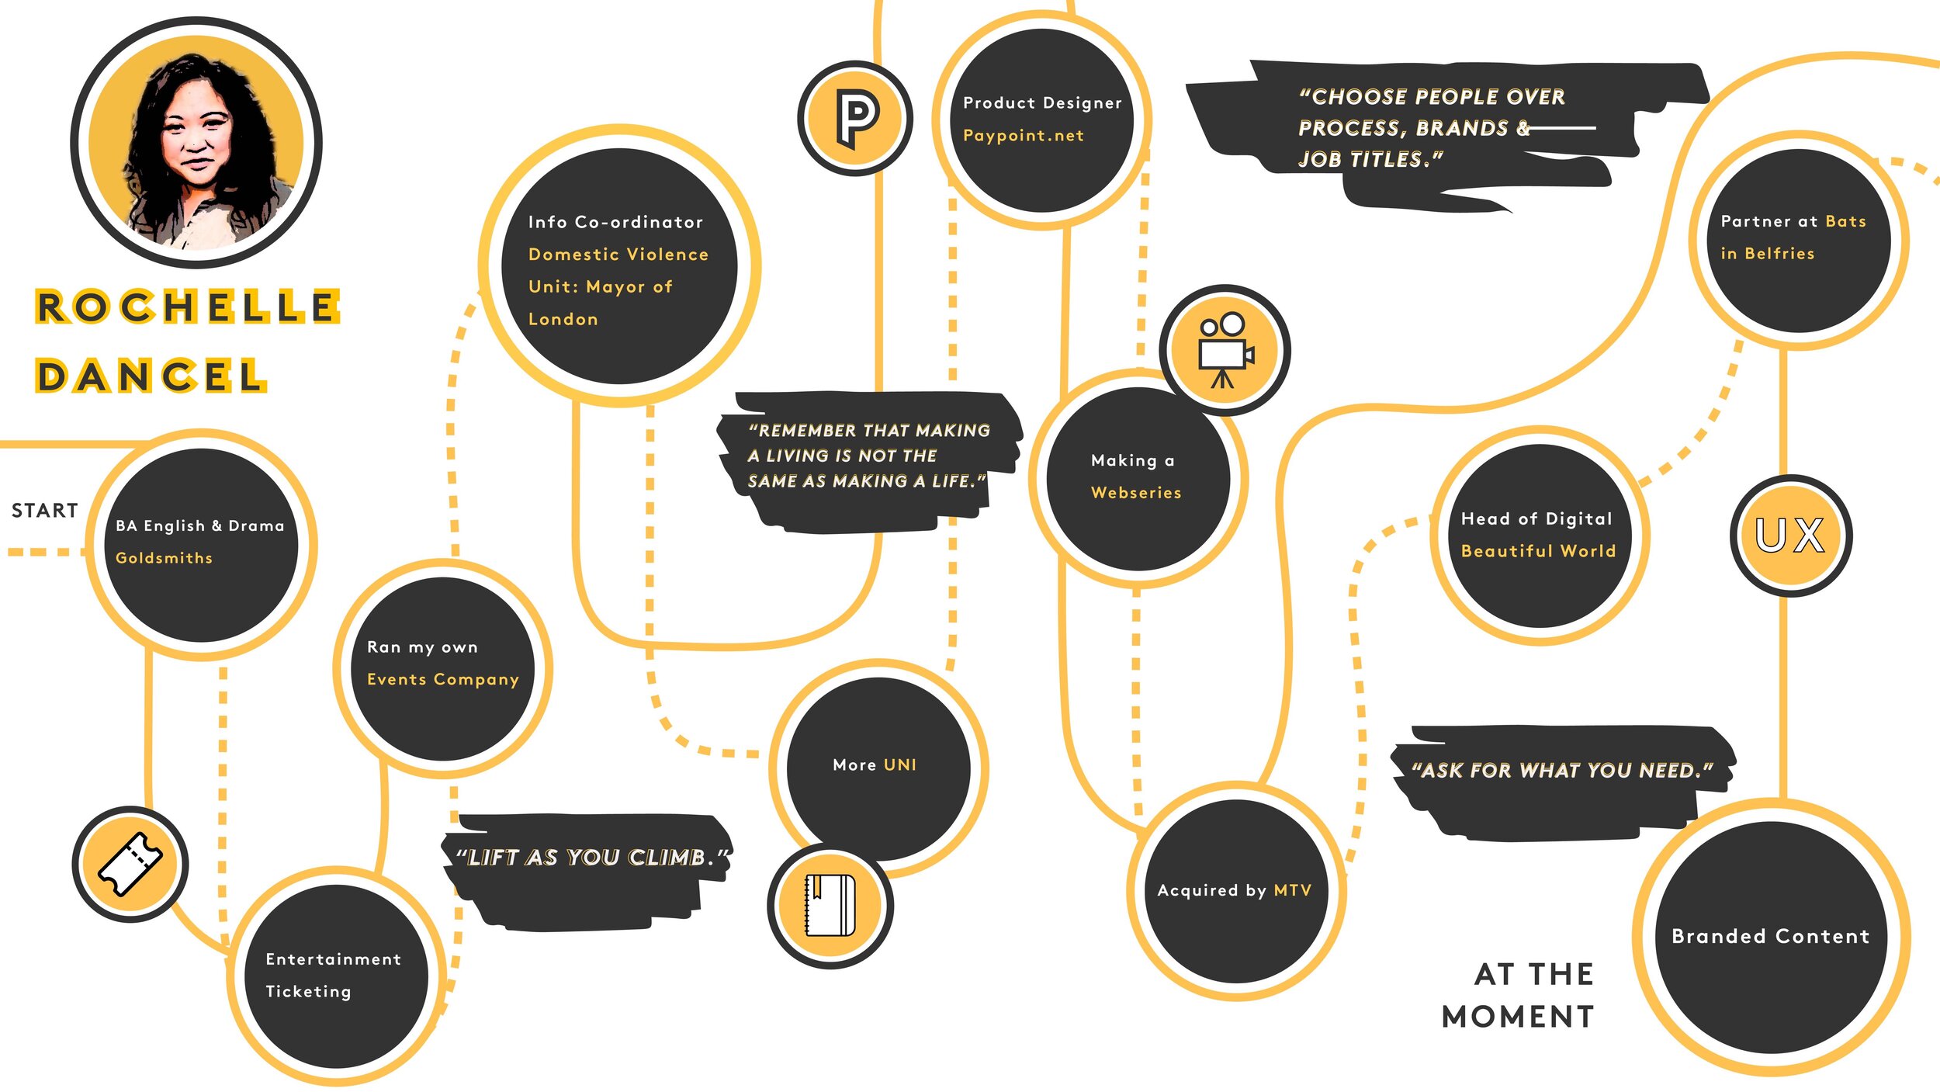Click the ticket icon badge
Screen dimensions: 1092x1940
click(x=130, y=864)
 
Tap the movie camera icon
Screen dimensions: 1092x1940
click(x=1224, y=350)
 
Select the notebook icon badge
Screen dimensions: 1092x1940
click(x=830, y=905)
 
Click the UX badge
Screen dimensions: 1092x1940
click(x=1791, y=535)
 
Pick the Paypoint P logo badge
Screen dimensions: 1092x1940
click(x=854, y=119)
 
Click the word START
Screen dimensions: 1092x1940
click(x=44, y=510)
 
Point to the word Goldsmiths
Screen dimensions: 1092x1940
click(x=164, y=557)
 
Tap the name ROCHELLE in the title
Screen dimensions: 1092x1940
click(x=187, y=307)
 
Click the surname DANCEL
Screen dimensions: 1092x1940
click(x=151, y=376)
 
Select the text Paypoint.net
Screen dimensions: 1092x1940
click(x=1023, y=135)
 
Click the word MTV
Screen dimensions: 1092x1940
click(x=1292, y=890)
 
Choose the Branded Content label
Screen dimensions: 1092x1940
click(x=1770, y=936)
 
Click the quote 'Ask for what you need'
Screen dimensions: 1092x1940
click(x=1561, y=770)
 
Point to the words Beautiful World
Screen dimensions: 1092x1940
click(x=1538, y=550)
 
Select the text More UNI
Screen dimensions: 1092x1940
click(x=874, y=764)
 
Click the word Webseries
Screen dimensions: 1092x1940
click(x=1135, y=492)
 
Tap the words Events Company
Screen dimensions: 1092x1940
click(x=442, y=679)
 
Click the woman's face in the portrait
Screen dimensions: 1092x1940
click(x=194, y=136)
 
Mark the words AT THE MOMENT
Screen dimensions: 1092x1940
click(x=1519, y=995)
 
